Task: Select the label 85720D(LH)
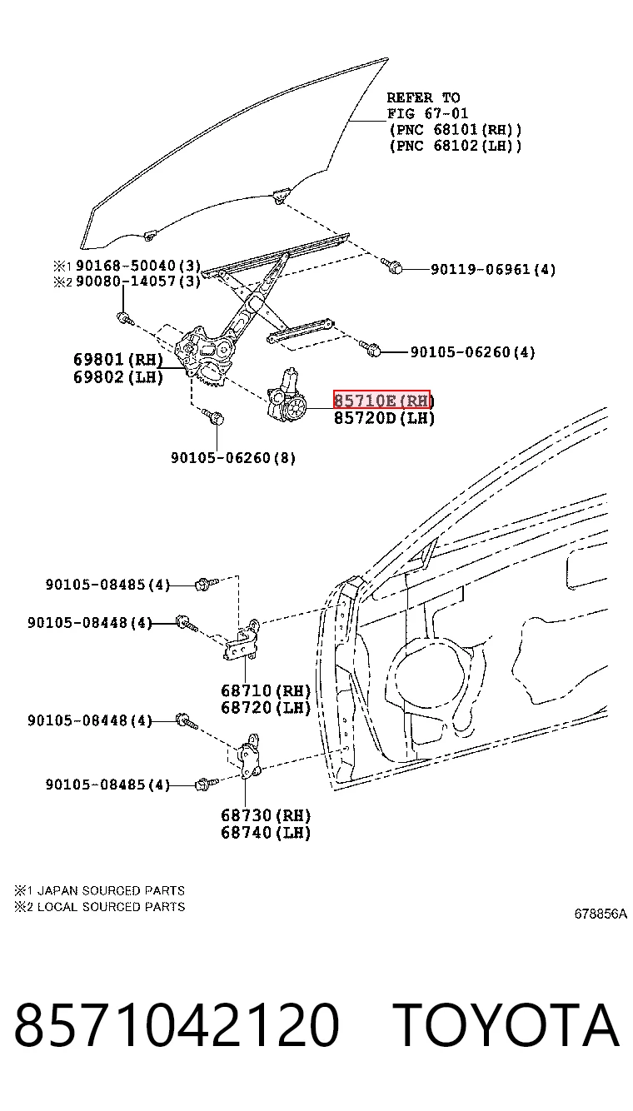(384, 418)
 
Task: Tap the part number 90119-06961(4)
(492, 269)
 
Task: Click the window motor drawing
(287, 394)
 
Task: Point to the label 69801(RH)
(118, 359)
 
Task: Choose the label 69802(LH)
(118, 377)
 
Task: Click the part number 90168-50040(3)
(138, 265)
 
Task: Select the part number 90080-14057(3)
(138, 281)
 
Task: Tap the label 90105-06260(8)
(233, 457)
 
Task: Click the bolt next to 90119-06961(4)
(391, 266)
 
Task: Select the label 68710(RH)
(266, 690)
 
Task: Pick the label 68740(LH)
(266, 832)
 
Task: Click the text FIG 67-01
(427, 113)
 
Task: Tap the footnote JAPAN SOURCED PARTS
(111, 890)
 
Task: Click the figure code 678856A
(601, 914)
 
